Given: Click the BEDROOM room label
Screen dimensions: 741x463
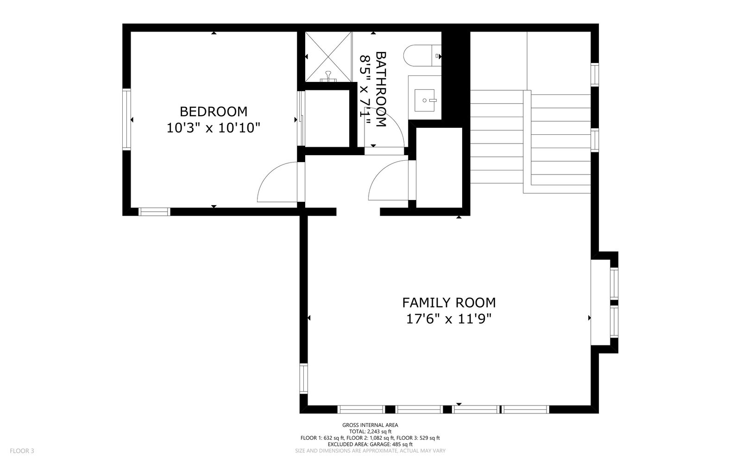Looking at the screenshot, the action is pos(214,112).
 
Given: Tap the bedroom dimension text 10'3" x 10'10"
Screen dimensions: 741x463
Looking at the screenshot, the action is pos(214,128).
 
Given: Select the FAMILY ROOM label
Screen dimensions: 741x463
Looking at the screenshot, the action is pos(449,303).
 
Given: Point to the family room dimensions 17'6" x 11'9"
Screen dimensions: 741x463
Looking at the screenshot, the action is pos(449,319).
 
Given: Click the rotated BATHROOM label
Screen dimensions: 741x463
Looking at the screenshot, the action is pos(381,89).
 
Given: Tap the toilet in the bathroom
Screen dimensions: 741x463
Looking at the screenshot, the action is pos(422,56).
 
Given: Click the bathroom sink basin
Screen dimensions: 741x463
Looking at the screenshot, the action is pos(424,100).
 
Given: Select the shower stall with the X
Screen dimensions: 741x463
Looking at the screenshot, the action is pos(328,57).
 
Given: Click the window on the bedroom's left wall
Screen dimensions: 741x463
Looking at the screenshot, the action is pos(127,119).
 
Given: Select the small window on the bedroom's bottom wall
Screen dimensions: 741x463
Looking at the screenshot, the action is pos(154,212).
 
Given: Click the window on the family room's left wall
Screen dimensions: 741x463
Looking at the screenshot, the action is pos(304,379).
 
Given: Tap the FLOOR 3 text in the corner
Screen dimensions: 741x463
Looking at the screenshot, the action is pos(22,451).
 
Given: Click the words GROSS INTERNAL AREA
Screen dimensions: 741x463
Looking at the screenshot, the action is pos(370,425).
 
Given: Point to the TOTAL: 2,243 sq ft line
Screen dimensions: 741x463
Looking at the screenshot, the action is pos(370,431).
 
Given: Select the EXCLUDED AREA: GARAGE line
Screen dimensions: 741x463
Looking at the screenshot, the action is pos(370,444).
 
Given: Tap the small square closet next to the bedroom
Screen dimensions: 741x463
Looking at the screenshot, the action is pos(327,119).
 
